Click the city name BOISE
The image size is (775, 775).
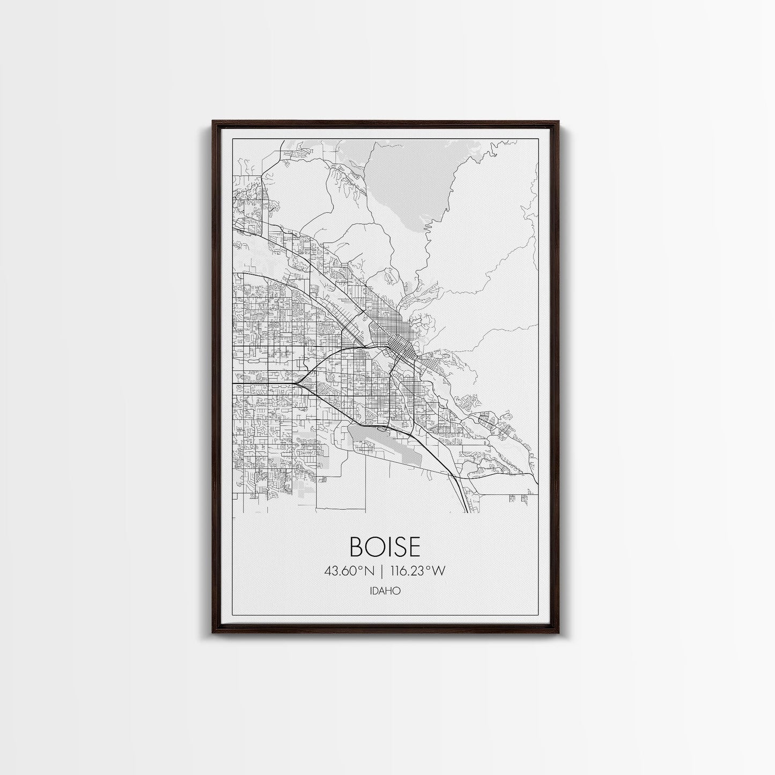click(385, 547)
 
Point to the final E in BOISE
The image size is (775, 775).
click(412, 547)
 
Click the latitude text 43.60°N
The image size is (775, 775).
click(349, 571)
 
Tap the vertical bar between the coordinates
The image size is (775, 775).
click(381, 571)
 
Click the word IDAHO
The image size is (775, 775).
click(385, 591)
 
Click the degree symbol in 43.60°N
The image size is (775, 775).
click(361, 568)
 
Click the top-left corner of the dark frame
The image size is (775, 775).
click(213, 122)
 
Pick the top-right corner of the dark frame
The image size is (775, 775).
click(558, 122)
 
